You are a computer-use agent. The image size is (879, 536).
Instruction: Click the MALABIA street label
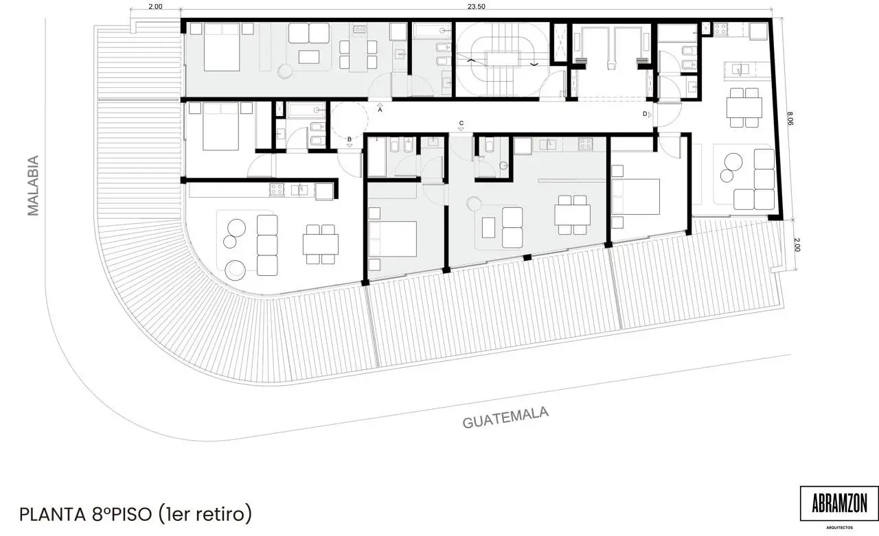point(33,185)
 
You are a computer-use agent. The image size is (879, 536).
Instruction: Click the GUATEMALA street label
point(505,417)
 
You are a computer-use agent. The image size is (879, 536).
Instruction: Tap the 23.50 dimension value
point(476,6)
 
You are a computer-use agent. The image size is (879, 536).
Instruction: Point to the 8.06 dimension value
point(790,119)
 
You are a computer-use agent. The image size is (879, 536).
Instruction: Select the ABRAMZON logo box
point(839,504)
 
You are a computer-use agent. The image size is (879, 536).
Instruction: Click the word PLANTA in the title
point(53,515)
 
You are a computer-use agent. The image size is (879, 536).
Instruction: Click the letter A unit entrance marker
point(380,110)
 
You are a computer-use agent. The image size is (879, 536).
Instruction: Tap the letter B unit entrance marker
point(350,139)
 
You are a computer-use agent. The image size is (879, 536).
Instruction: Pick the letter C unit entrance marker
point(461,123)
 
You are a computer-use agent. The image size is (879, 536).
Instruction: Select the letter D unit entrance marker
point(645,114)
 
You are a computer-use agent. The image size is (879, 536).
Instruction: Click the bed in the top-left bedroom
point(222,47)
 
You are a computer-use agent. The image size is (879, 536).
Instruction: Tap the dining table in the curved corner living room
point(320,244)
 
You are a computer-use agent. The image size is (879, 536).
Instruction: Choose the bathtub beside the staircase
point(432,31)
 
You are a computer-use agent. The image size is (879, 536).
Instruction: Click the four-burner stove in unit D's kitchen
point(720,28)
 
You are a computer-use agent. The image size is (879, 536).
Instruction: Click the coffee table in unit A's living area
point(309,57)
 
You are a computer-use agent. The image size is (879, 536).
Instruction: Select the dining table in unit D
point(744,108)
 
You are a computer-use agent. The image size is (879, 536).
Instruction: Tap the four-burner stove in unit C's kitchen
point(585,144)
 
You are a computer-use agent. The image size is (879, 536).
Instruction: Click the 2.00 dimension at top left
point(155,6)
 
